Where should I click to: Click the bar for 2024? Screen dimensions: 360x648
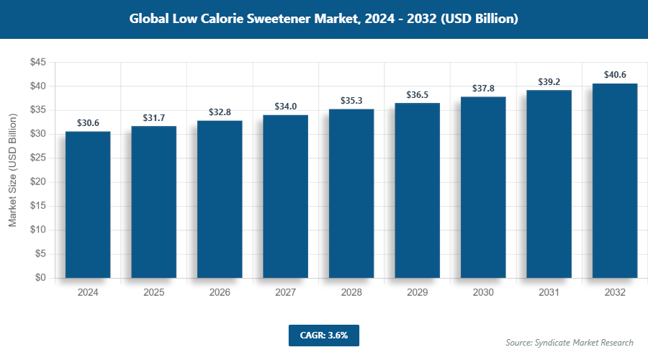(88, 204)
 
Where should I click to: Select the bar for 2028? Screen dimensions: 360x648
(351, 193)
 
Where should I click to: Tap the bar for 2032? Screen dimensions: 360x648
(615, 181)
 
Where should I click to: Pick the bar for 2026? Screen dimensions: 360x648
(220, 199)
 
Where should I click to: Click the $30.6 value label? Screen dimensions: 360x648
(88, 123)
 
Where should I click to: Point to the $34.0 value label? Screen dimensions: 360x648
(286, 107)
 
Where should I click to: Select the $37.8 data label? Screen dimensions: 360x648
(483, 89)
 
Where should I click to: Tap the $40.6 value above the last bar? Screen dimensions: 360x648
(615, 75)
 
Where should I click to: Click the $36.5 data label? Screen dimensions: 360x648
(418, 94)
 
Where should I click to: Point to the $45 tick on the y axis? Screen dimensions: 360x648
(38, 63)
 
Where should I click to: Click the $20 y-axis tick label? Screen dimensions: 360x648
(38, 182)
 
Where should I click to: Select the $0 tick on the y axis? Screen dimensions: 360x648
(41, 278)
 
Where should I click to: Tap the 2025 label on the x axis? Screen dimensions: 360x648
(154, 293)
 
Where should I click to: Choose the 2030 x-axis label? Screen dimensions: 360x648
(483, 293)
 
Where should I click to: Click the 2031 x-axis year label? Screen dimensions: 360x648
(549, 293)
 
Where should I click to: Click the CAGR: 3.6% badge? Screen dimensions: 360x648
(323, 335)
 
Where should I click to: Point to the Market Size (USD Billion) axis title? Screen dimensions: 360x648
(12, 171)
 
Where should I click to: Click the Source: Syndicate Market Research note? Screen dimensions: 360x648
(570, 342)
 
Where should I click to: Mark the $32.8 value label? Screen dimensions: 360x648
(220, 112)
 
